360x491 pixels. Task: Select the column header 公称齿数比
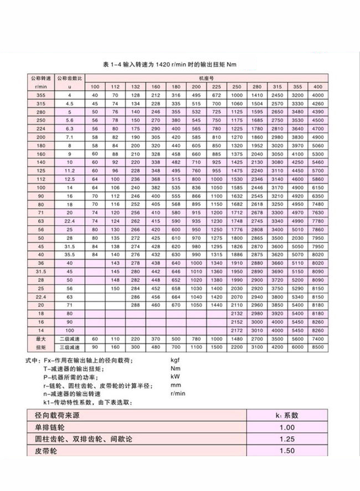coord(69,79)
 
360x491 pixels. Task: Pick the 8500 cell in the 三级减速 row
coord(317,347)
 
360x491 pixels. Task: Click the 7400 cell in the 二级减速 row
coord(317,339)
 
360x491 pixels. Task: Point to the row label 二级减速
coord(69,339)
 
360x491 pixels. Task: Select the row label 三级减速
coord(69,347)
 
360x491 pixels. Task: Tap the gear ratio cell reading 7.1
coord(69,136)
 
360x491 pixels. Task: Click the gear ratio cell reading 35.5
coord(69,254)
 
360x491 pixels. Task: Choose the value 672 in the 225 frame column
coord(216,95)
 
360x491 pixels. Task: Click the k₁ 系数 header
coord(287,415)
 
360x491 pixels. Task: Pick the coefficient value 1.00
coord(287,427)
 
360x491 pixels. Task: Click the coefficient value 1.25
coord(287,439)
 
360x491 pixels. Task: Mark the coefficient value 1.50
coord(287,451)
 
